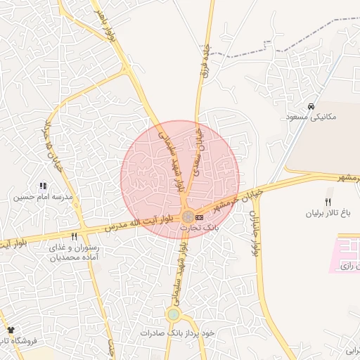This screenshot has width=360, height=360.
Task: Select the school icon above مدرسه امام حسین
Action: [43, 186]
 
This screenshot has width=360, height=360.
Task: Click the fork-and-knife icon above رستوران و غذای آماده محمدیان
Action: [74, 236]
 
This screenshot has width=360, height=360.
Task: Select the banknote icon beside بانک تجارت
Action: [200, 217]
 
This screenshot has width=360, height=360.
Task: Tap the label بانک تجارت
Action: [200, 229]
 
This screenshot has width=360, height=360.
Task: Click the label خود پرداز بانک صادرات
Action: [176, 332]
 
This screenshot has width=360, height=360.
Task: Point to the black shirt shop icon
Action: [11, 330]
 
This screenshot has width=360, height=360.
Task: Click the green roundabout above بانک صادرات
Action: [173, 314]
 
